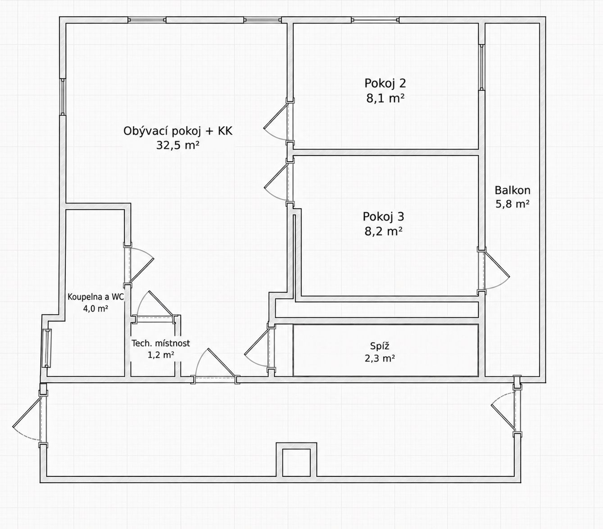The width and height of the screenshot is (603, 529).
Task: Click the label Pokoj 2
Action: pyautogui.click(x=385, y=84)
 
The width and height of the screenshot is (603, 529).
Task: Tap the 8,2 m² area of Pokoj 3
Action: pyautogui.click(x=384, y=231)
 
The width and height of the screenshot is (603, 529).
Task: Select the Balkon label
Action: pyautogui.click(x=512, y=190)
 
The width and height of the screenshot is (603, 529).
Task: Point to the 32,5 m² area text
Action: pyautogui.click(x=178, y=145)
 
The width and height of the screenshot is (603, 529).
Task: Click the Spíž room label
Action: pyautogui.click(x=380, y=346)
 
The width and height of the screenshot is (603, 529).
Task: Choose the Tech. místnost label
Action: pyautogui.click(x=161, y=344)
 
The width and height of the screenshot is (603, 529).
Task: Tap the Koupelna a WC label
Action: pyautogui.click(x=95, y=297)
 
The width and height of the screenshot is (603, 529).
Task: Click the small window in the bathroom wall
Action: pyautogui.click(x=47, y=348)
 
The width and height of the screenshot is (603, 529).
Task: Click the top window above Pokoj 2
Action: pyautogui.click(x=375, y=20)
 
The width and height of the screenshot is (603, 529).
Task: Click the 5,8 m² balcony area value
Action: pyautogui.click(x=512, y=204)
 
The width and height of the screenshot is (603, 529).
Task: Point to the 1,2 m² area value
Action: pyautogui.click(x=161, y=355)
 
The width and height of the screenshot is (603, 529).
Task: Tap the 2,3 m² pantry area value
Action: pyautogui.click(x=380, y=358)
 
